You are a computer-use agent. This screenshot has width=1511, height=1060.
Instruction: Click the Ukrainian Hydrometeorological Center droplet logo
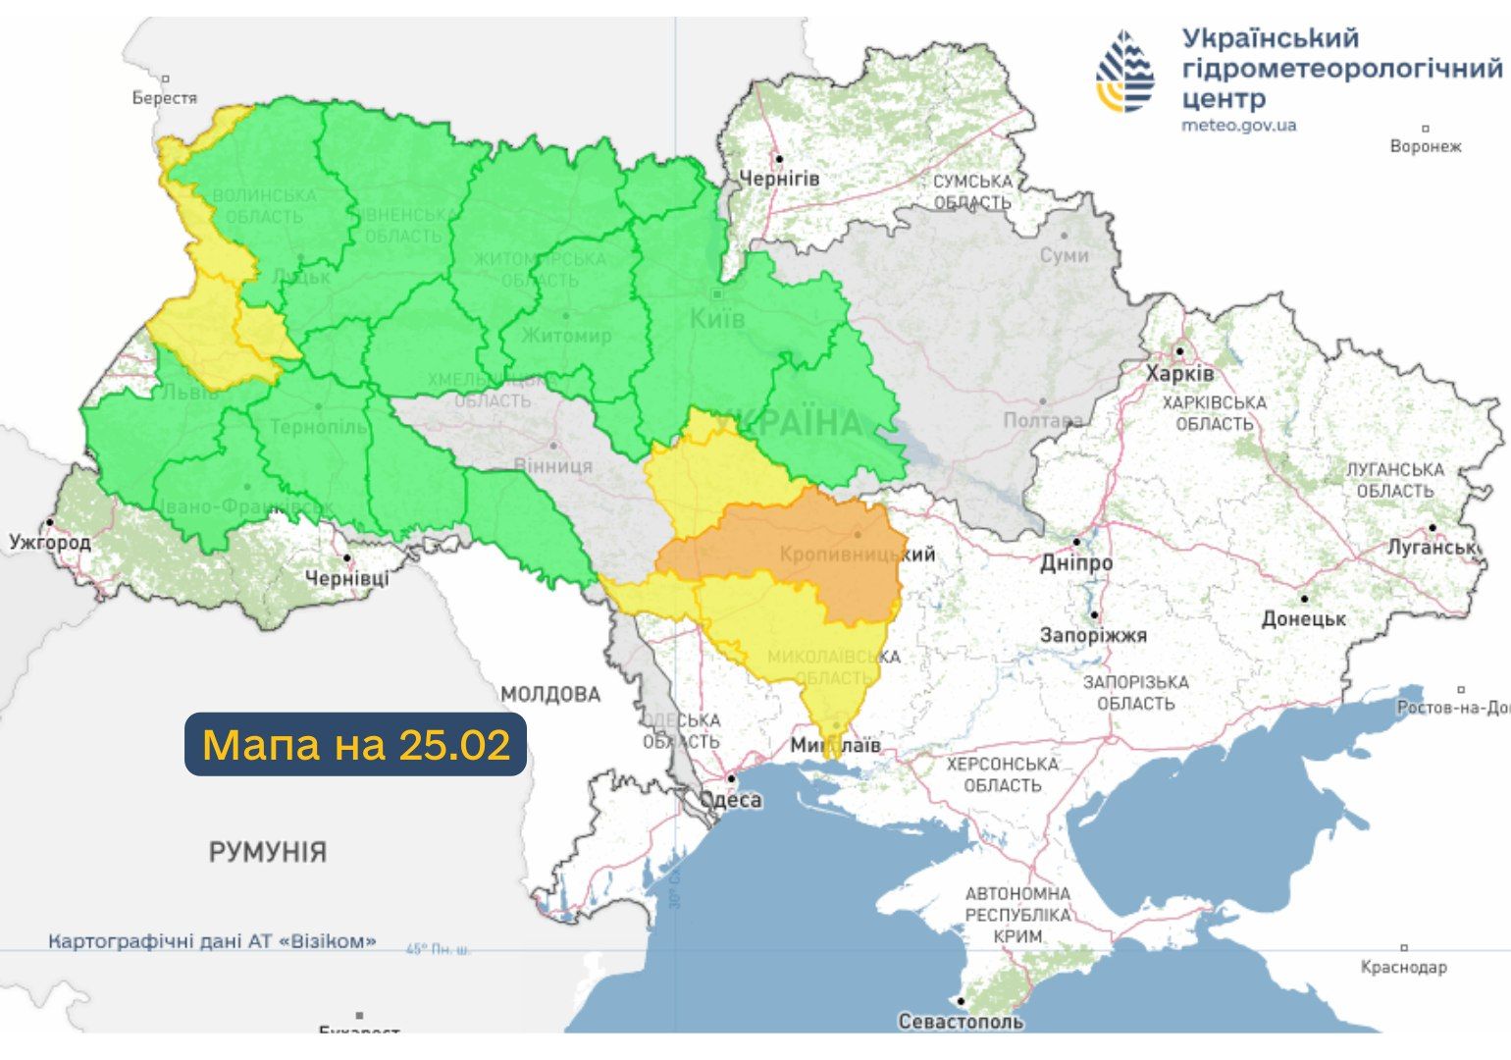[1126, 72]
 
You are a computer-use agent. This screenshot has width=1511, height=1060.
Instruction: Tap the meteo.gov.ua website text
[1238, 125]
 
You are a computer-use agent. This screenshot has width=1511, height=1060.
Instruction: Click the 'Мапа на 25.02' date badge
[356, 745]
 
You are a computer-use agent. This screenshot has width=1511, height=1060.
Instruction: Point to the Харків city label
[1179, 374]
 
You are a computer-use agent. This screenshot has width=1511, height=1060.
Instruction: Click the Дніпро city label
[1076, 563]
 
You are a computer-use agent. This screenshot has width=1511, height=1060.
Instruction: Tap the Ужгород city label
[50, 542]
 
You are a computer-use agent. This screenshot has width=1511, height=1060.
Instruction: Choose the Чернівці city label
[346, 578]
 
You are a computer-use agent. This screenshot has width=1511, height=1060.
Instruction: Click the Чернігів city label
[778, 179]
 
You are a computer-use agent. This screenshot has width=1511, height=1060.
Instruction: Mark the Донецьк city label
[1303, 618]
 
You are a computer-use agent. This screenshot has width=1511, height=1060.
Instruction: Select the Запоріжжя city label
[1093, 635]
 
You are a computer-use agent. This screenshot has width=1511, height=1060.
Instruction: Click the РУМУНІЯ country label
[267, 851]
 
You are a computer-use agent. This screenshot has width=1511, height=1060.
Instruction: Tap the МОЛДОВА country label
[550, 695]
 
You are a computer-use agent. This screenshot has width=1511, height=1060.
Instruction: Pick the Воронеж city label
[1425, 146]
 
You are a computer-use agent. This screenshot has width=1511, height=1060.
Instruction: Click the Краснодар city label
[1403, 967]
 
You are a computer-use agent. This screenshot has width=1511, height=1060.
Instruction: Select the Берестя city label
[165, 97]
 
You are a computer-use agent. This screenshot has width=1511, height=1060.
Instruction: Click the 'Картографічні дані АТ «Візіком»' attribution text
[212, 941]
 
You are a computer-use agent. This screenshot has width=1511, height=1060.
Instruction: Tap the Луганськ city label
[1432, 548]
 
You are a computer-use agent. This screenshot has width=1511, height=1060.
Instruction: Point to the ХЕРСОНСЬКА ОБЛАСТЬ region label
[1002, 774]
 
